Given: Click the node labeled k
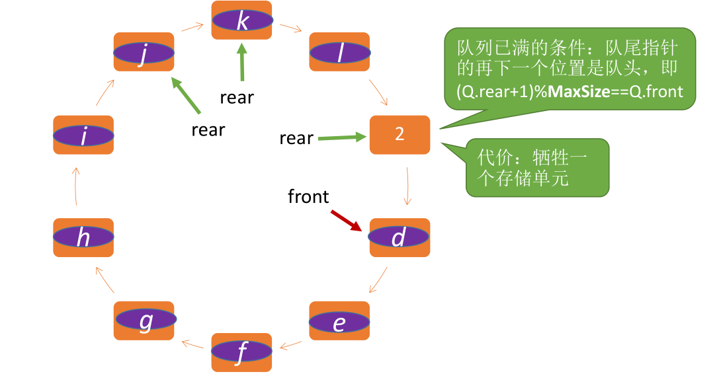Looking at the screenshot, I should (x=242, y=20).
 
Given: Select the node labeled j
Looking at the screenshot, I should (x=144, y=52).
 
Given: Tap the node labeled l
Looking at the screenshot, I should (x=339, y=52).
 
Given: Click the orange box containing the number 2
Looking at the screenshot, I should (x=400, y=135).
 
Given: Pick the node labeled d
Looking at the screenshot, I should (x=399, y=237).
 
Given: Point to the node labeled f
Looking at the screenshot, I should (x=242, y=352).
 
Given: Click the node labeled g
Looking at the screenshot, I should (x=144, y=321).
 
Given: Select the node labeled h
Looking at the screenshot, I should (x=83, y=237).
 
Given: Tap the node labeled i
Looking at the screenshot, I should (x=83, y=135).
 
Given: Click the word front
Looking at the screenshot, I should (x=308, y=196).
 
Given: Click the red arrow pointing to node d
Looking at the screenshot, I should (x=347, y=221).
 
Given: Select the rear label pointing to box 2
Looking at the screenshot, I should (x=296, y=138).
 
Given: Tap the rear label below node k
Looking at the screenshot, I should (x=237, y=97).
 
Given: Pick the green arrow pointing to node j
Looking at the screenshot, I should (x=187, y=95).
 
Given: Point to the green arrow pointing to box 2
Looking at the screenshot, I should (x=341, y=137).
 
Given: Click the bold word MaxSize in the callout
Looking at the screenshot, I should (x=579, y=92).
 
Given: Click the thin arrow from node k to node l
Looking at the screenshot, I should (x=291, y=29).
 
